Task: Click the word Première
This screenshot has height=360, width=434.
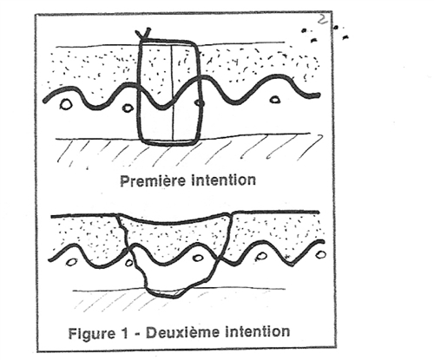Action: pos(153,180)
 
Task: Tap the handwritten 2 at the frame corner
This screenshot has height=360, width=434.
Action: pos(321,20)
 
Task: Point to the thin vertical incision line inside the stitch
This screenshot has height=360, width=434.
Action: pos(173,93)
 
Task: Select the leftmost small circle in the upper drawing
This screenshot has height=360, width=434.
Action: pos(66,104)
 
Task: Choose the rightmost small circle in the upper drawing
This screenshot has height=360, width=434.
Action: pos(274,100)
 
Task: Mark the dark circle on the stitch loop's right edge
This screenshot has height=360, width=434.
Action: pos(200,102)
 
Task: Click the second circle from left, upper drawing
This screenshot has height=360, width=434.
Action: pos(127,108)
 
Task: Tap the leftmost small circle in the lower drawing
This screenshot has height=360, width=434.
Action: pos(72,262)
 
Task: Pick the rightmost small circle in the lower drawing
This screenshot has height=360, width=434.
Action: pos(321,254)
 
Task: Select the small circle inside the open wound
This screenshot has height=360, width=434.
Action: pos(199,258)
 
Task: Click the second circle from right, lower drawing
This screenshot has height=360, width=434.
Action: pos(261,256)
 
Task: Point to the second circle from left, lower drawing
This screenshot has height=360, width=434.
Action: pos(129,263)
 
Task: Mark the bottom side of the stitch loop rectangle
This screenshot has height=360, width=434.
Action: pos(168,142)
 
